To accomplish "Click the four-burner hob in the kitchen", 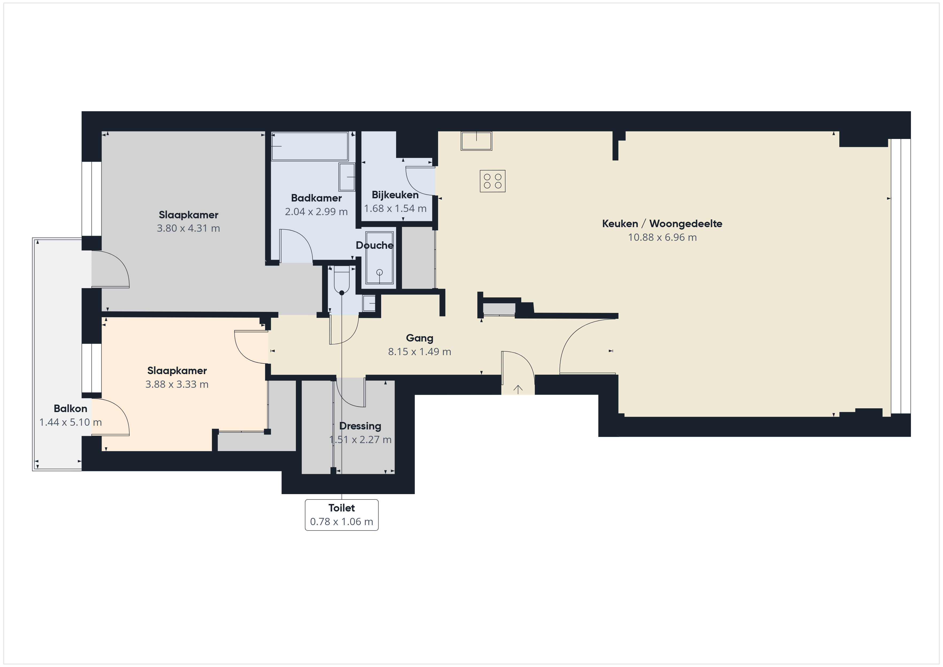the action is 492,181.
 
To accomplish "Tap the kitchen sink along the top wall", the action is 476,141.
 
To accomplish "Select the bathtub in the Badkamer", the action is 310,146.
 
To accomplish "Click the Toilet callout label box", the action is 342,515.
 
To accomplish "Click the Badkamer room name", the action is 316,198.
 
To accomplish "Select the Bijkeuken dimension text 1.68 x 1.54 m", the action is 395,209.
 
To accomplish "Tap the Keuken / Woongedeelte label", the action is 662,224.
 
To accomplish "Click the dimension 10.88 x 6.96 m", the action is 662,237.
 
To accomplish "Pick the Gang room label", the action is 419,338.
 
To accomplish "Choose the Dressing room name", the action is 360,426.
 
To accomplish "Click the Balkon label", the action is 70,409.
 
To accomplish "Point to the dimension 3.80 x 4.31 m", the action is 188,228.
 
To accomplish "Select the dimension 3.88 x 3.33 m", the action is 177,385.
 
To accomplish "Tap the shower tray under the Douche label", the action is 380,258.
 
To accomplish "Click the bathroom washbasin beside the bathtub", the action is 347,177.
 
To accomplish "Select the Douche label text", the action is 374,246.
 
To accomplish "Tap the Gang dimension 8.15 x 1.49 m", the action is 419,352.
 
